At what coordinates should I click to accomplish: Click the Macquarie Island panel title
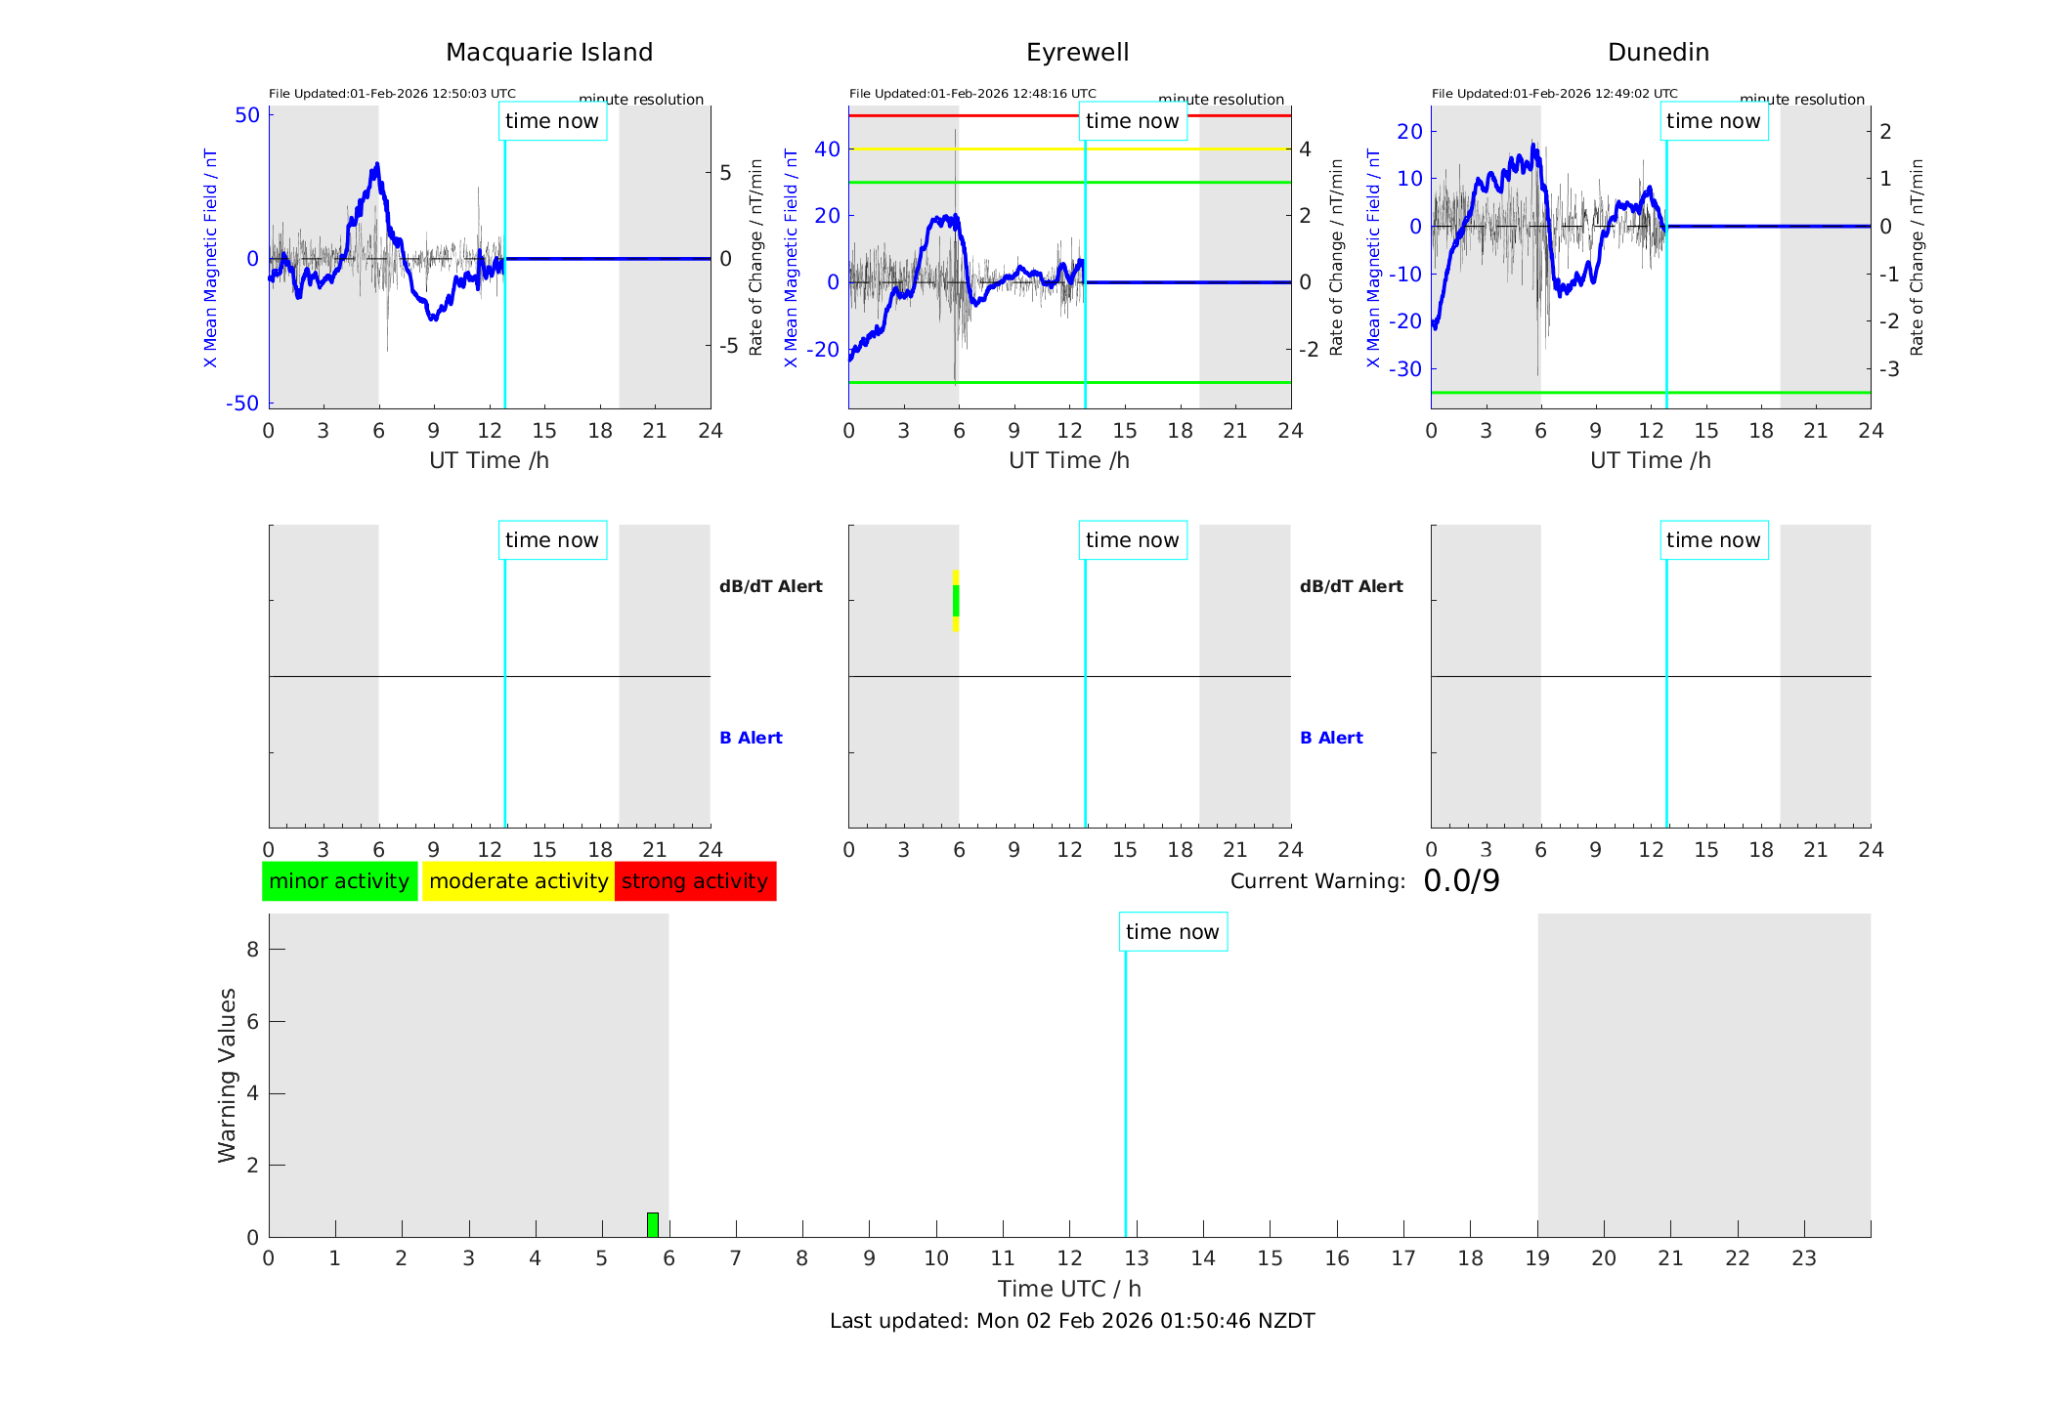click(x=548, y=53)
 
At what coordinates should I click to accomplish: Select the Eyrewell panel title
click(x=1077, y=53)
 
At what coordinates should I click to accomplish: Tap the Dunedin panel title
click(x=1658, y=53)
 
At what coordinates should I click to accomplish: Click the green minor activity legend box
click(x=339, y=881)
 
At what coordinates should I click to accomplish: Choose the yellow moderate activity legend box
click(x=518, y=881)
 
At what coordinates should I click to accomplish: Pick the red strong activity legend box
click(x=695, y=881)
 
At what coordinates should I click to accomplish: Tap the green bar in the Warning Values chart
click(x=653, y=1224)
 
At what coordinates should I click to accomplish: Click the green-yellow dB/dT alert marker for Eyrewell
click(x=956, y=601)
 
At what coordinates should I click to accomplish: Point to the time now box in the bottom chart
click(x=1173, y=932)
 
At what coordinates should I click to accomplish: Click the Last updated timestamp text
click(x=1072, y=1321)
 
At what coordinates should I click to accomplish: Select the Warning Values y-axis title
click(x=228, y=1075)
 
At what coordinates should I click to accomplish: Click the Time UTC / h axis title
click(x=1069, y=1289)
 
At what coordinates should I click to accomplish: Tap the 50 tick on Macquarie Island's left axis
click(x=247, y=115)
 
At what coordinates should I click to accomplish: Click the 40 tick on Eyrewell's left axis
click(x=827, y=149)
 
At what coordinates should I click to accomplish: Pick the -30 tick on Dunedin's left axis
click(x=1407, y=369)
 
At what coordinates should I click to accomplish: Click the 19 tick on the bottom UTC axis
click(x=1537, y=1258)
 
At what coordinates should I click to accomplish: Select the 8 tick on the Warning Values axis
click(x=253, y=950)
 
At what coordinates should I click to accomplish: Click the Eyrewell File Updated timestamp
click(x=972, y=94)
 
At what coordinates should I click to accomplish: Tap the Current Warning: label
click(x=1317, y=881)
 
